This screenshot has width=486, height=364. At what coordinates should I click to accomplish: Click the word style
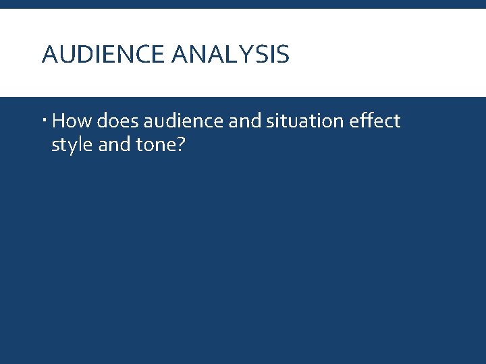[x=73, y=145]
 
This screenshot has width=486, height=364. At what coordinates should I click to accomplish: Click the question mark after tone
[x=180, y=144]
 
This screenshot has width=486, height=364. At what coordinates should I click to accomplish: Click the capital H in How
[x=58, y=121]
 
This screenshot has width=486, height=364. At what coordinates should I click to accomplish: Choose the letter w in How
[x=84, y=123]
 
